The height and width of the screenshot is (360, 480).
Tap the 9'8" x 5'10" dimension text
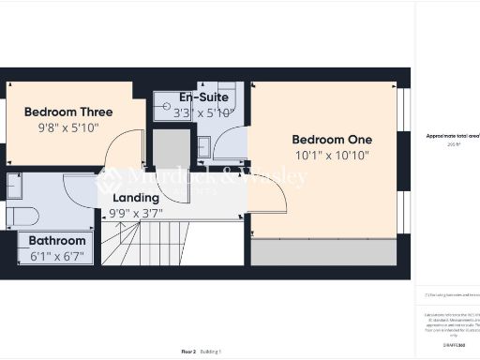coord(67,127)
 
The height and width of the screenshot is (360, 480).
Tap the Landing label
coord(136,198)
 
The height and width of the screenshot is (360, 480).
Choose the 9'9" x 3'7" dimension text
coord(136,213)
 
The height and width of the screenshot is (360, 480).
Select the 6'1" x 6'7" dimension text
coord(56,256)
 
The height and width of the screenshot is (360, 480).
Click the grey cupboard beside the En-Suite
coord(172,150)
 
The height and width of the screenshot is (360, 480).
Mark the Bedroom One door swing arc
coord(267,192)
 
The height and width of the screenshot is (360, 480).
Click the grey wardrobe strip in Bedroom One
coord(328,251)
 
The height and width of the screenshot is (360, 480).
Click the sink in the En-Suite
coord(203,146)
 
